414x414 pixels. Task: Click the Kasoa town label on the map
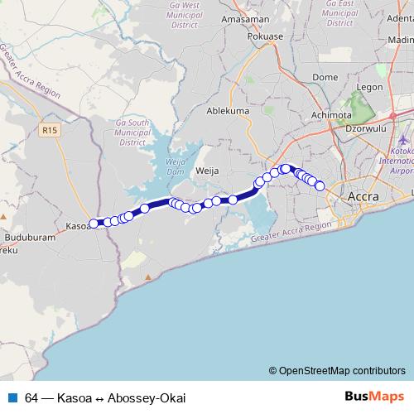(77, 225)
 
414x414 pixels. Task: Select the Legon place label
(369, 86)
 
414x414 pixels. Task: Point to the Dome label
(325, 77)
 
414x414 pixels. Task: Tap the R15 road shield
(49, 129)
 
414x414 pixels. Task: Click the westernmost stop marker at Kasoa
(94, 222)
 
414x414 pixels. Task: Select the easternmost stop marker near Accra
(320, 186)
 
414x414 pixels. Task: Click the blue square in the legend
(12, 397)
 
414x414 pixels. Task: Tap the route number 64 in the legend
(31, 397)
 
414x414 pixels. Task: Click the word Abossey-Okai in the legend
(147, 397)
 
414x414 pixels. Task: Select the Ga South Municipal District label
(132, 131)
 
